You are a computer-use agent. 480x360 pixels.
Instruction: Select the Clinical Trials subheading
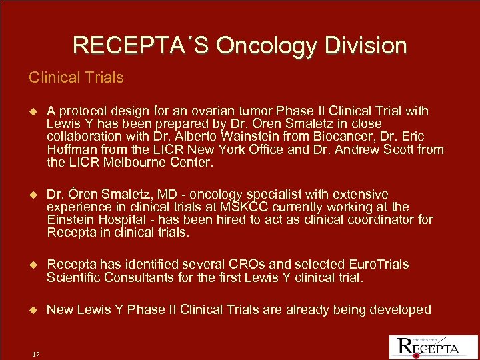click(x=76, y=77)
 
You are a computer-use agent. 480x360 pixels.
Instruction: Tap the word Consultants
click(x=131, y=277)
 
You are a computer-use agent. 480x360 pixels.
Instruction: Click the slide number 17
click(x=36, y=354)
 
